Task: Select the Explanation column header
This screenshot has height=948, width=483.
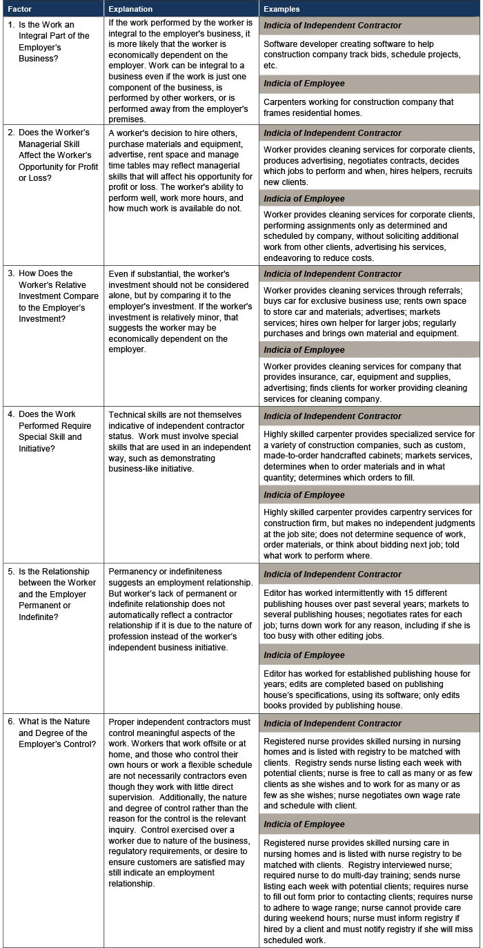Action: [x=131, y=10]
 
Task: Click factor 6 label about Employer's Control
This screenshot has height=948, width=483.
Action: [x=52, y=738]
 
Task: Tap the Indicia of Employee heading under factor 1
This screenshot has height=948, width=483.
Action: [x=304, y=84]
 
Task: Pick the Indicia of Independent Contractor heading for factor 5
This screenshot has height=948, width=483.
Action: [x=332, y=574]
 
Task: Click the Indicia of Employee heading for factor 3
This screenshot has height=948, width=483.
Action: [x=304, y=350]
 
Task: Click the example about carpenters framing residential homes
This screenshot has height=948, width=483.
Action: [x=359, y=107]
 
